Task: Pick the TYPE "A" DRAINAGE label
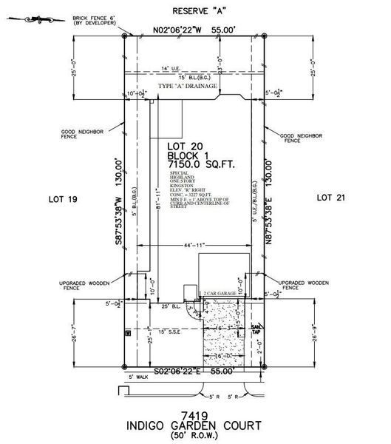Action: (188, 87)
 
